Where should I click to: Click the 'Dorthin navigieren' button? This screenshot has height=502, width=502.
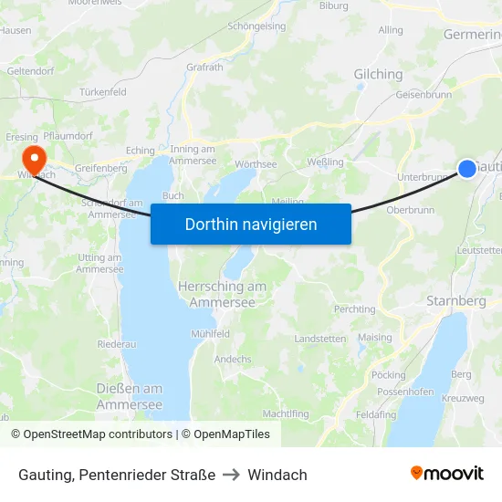point(250,224)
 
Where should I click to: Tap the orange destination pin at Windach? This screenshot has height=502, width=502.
point(35,157)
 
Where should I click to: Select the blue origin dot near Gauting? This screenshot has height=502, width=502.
point(466,168)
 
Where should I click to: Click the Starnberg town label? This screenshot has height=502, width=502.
point(455,300)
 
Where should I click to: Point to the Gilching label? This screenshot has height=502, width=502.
point(378,75)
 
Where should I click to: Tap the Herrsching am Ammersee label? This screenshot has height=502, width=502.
point(222,294)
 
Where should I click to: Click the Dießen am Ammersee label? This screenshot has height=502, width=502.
point(130,396)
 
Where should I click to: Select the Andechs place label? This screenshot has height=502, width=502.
point(233,359)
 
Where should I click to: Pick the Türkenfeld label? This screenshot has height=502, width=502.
point(102,93)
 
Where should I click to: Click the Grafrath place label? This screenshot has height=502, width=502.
point(204,67)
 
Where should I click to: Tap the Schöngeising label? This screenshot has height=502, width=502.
point(256,27)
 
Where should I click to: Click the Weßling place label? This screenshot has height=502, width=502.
point(326,162)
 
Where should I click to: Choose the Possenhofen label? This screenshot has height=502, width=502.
point(406,392)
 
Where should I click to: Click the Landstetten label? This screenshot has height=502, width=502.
point(320,339)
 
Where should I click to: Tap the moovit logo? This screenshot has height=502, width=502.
point(447,473)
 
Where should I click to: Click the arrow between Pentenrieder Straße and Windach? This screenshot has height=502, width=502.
point(231,475)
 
